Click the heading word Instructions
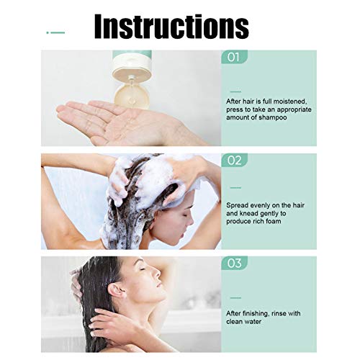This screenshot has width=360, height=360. click(x=171, y=27)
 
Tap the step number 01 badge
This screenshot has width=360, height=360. click(x=234, y=57)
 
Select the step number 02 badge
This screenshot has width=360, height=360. click(x=234, y=160)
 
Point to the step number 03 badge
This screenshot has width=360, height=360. click(x=234, y=263)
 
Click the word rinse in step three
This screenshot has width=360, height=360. click(x=276, y=313)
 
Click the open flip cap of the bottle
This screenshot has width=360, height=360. click(x=131, y=96)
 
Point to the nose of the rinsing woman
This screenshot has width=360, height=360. click(x=156, y=272)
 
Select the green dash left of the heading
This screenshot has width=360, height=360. click(x=55, y=32)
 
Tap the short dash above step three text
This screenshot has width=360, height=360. click(x=235, y=298)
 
